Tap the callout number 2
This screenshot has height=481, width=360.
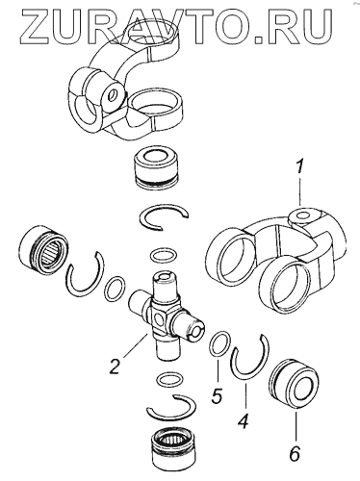(x=114, y=367)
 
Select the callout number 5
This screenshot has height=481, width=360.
(x=217, y=395)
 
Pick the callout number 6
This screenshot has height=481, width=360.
(x=294, y=453)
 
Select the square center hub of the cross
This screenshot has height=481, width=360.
(x=159, y=320)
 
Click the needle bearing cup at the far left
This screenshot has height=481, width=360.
(x=43, y=247)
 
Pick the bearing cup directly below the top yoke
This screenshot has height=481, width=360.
(x=157, y=170)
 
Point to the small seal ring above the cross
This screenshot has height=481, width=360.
(x=163, y=256)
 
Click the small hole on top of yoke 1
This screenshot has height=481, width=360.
(x=302, y=215)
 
